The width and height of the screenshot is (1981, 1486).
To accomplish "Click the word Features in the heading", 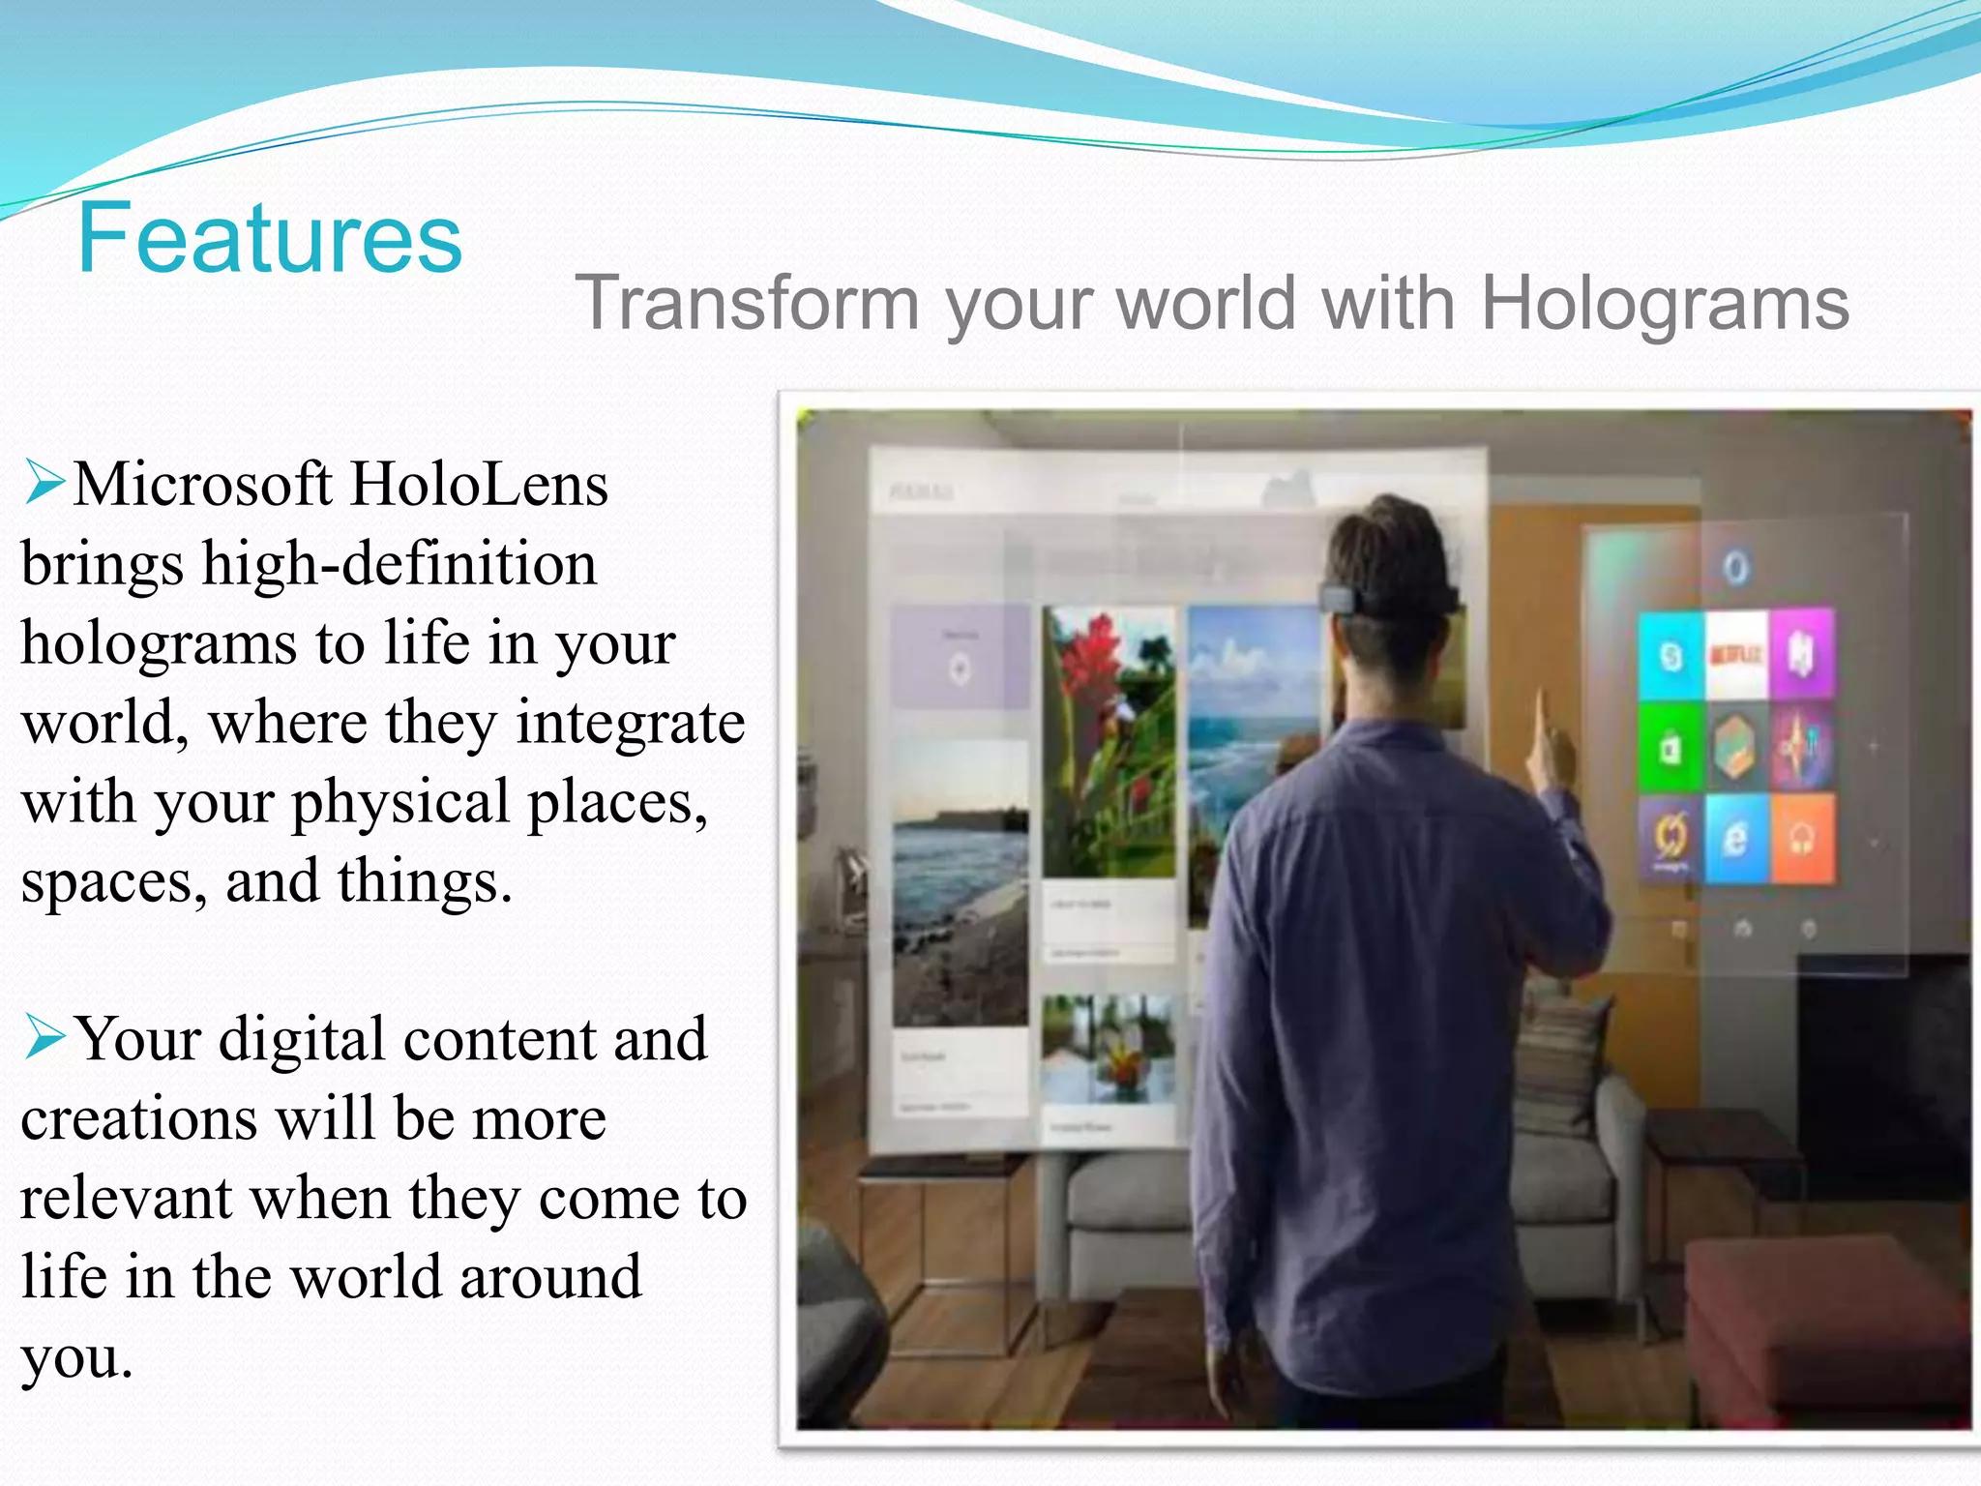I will (x=270, y=238).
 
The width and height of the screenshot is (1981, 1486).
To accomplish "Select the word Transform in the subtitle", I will (x=747, y=304).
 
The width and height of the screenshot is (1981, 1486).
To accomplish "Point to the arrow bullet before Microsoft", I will (x=44, y=482).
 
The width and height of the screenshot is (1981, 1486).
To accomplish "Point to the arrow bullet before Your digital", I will (x=44, y=1036).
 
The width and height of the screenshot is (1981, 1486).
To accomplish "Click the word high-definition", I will (x=399, y=564).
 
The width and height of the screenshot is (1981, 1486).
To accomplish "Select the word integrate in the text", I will (x=631, y=723).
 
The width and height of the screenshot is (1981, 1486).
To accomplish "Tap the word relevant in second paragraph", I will (x=126, y=1198).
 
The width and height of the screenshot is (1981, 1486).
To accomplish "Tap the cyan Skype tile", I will (x=1671, y=656).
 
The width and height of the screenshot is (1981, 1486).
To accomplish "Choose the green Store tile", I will (x=1671, y=748).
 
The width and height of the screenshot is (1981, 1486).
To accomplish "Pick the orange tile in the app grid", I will (x=1802, y=838).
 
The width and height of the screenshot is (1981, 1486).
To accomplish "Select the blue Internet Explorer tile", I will (x=1736, y=838).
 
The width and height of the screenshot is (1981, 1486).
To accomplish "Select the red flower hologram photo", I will (x=1109, y=740).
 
